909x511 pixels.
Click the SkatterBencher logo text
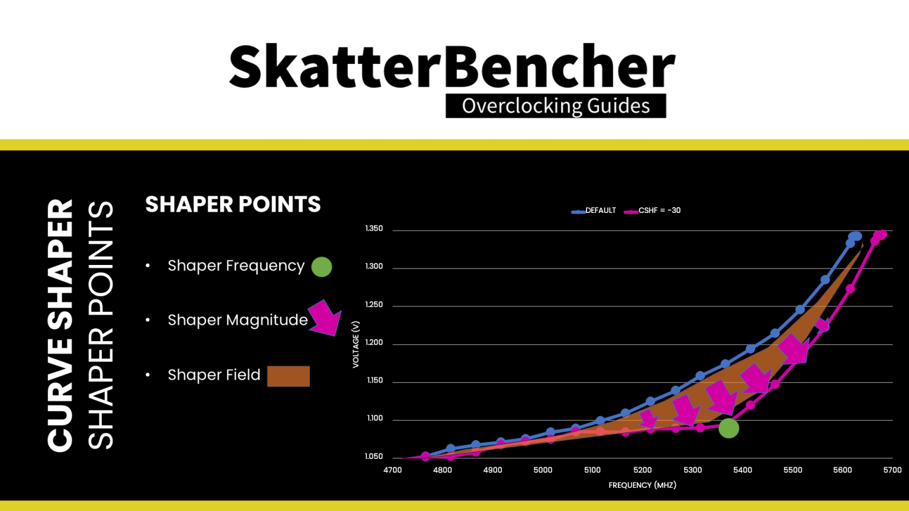click(452, 66)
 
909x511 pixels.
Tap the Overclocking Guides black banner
click(556, 106)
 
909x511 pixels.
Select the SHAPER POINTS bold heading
click(233, 205)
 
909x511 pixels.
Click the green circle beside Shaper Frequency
click(321, 267)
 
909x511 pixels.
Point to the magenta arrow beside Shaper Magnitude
click(325, 318)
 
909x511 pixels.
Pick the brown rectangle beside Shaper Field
click(288, 376)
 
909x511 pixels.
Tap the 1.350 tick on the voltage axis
click(374, 228)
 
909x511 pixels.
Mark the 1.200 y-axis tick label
click(374, 342)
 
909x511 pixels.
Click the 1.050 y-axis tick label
click(374, 457)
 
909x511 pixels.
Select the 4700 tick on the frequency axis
click(392, 470)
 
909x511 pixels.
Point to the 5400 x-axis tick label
click(743, 470)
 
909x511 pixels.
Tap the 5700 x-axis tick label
click(892, 470)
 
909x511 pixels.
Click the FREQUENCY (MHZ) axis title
click(642, 485)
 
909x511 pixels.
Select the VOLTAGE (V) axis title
click(356, 344)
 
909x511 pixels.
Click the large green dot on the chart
click(729, 428)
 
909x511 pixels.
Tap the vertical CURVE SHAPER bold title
click(60, 325)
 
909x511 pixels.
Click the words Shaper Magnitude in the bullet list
click(237, 320)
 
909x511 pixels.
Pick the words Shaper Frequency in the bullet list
click(236, 266)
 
